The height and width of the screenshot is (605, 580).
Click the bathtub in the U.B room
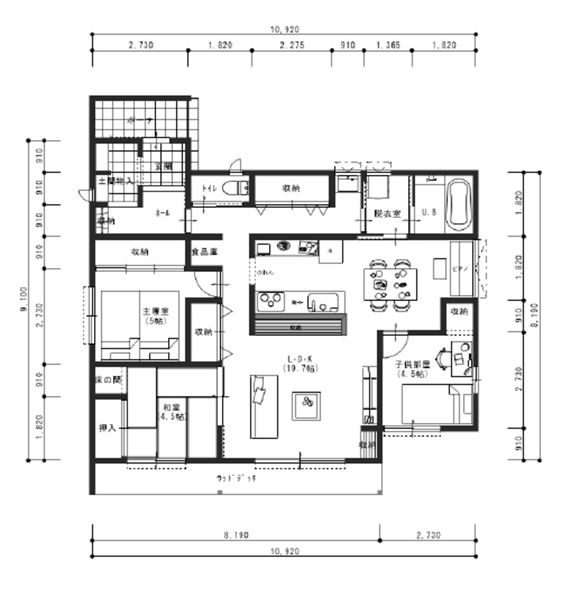[x=458, y=205]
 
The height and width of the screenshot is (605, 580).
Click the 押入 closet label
[x=106, y=428]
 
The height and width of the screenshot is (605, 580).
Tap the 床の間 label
[x=108, y=380]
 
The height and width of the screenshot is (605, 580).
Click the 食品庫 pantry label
[x=203, y=252]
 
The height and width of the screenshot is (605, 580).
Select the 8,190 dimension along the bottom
[x=237, y=535]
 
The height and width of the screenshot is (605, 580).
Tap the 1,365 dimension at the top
[x=387, y=45]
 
